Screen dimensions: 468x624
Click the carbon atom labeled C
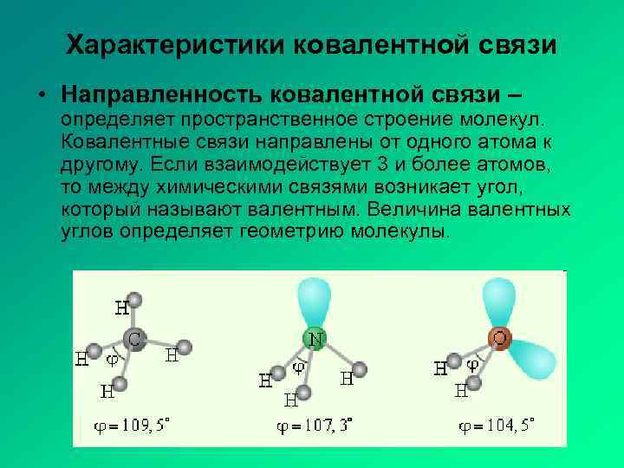click(x=133, y=340)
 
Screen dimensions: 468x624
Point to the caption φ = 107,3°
click(x=314, y=426)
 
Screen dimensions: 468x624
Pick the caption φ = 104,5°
click(x=497, y=426)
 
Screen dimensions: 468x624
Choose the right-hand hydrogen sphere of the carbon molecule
click(x=183, y=348)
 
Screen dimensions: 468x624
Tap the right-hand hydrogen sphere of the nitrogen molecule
click(x=360, y=370)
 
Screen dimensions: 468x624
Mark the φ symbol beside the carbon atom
click(x=113, y=357)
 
